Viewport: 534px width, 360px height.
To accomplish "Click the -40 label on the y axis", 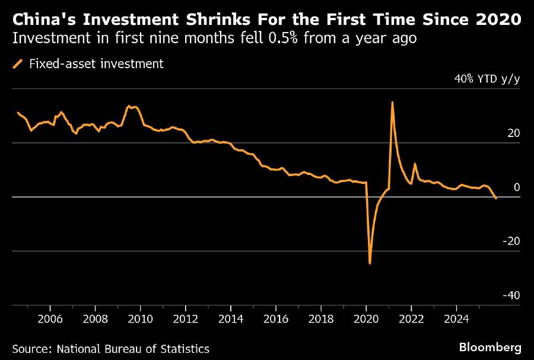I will (511, 295).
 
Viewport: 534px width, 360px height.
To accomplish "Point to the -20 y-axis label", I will (511, 241).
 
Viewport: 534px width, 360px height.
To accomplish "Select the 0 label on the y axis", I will (516, 187).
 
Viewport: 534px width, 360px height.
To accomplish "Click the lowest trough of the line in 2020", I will (370, 263).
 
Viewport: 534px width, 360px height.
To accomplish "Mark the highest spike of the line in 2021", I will (392, 102).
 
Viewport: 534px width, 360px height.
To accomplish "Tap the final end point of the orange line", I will (496, 198).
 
